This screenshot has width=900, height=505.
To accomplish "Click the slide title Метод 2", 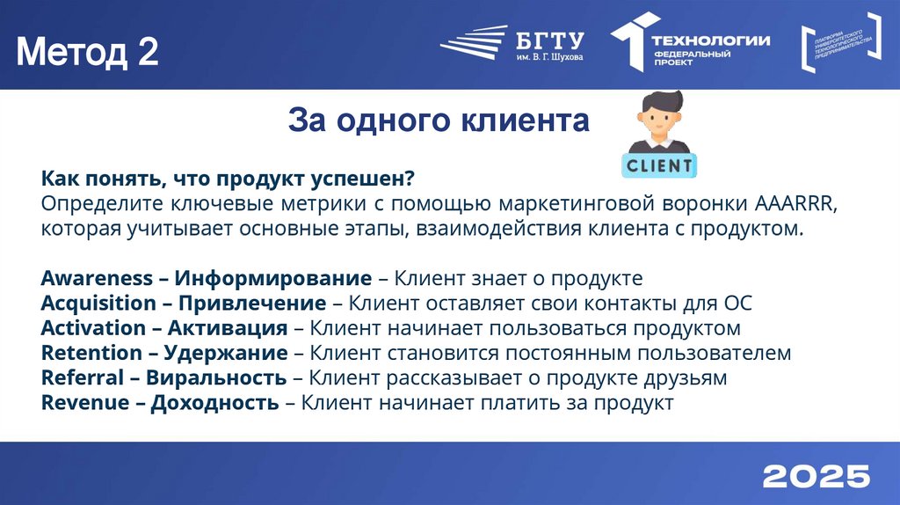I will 88,53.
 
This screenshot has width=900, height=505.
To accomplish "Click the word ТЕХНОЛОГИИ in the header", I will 710,40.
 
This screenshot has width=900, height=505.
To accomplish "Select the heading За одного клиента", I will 439,121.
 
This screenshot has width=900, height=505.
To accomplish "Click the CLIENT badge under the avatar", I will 658,164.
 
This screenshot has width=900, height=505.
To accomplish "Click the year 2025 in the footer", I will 816,476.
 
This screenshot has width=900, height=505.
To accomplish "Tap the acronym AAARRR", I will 795,204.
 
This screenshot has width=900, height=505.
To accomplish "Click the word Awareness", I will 97,279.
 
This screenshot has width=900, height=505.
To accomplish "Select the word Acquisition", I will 98,304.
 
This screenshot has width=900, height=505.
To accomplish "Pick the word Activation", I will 93,328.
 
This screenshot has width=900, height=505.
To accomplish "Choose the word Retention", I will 91,353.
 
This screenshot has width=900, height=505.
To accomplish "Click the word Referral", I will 83,377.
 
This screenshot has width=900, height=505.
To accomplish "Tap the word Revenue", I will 86,402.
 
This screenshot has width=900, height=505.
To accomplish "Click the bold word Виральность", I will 216,377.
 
